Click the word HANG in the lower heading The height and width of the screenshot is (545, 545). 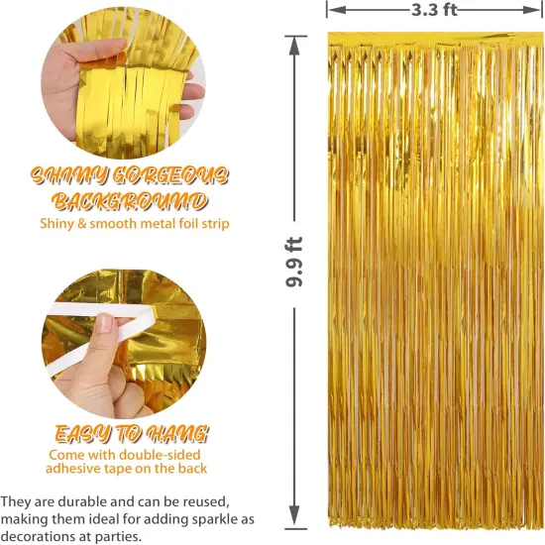pos(178,433)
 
